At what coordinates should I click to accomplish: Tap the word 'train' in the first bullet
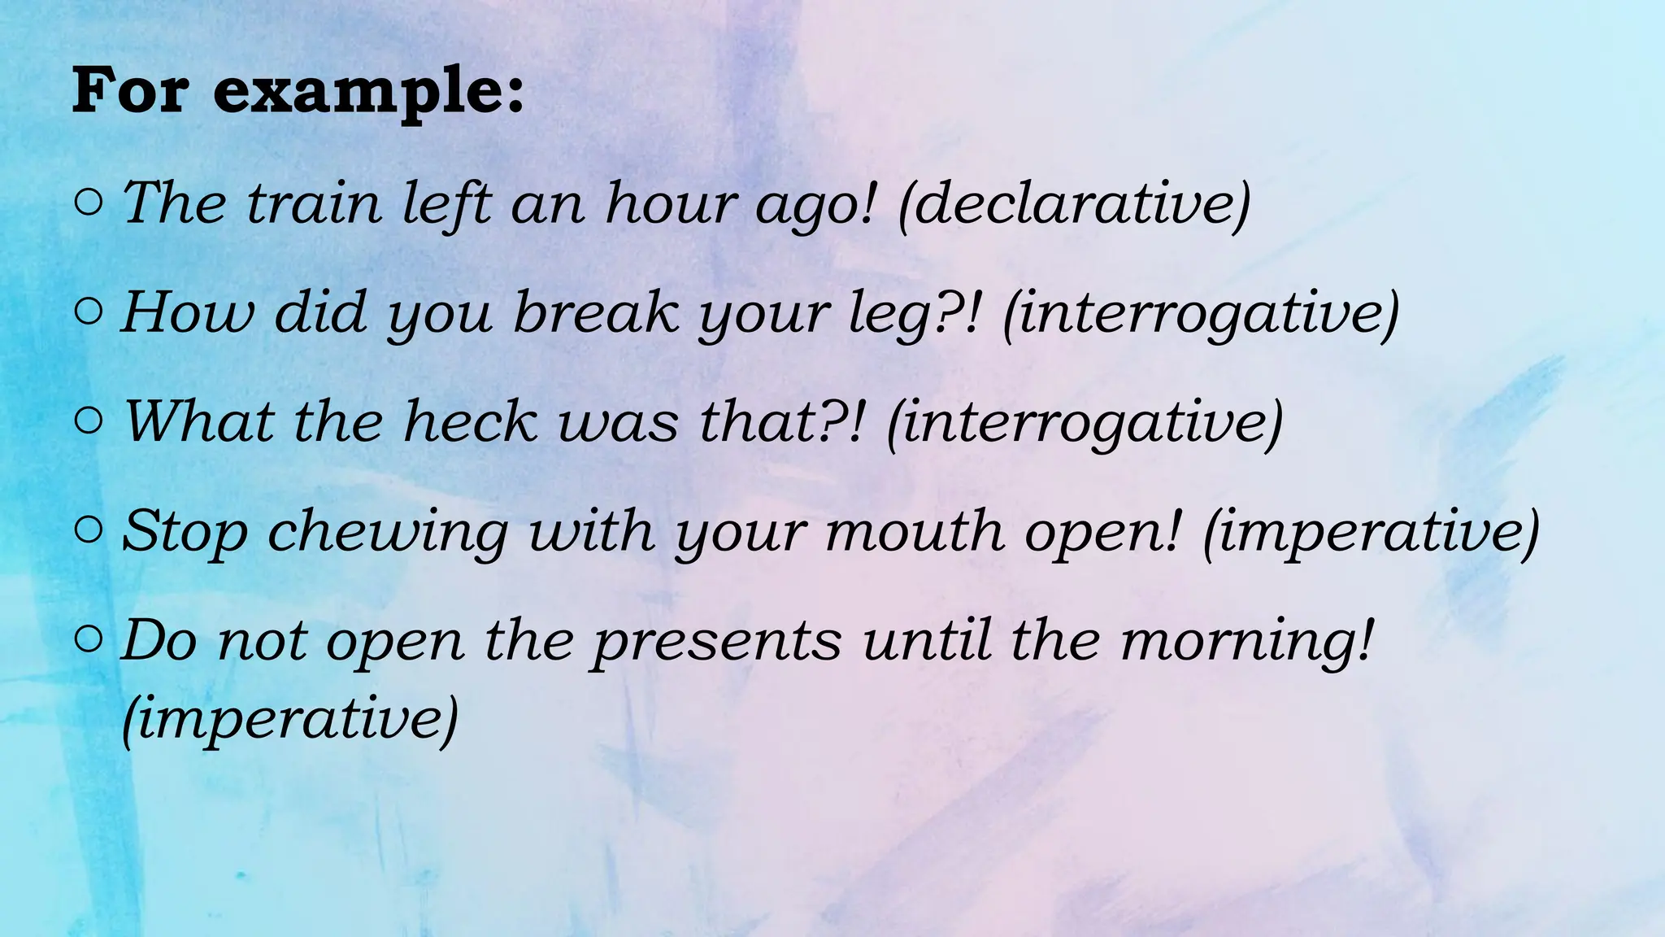314,203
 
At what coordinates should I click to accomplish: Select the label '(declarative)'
1074,203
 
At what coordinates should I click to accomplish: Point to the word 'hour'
672,203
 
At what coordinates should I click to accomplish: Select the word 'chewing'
388,532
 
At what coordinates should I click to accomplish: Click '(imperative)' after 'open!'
1370,532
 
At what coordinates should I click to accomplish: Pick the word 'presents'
716,641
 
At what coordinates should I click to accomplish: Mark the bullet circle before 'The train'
88,203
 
